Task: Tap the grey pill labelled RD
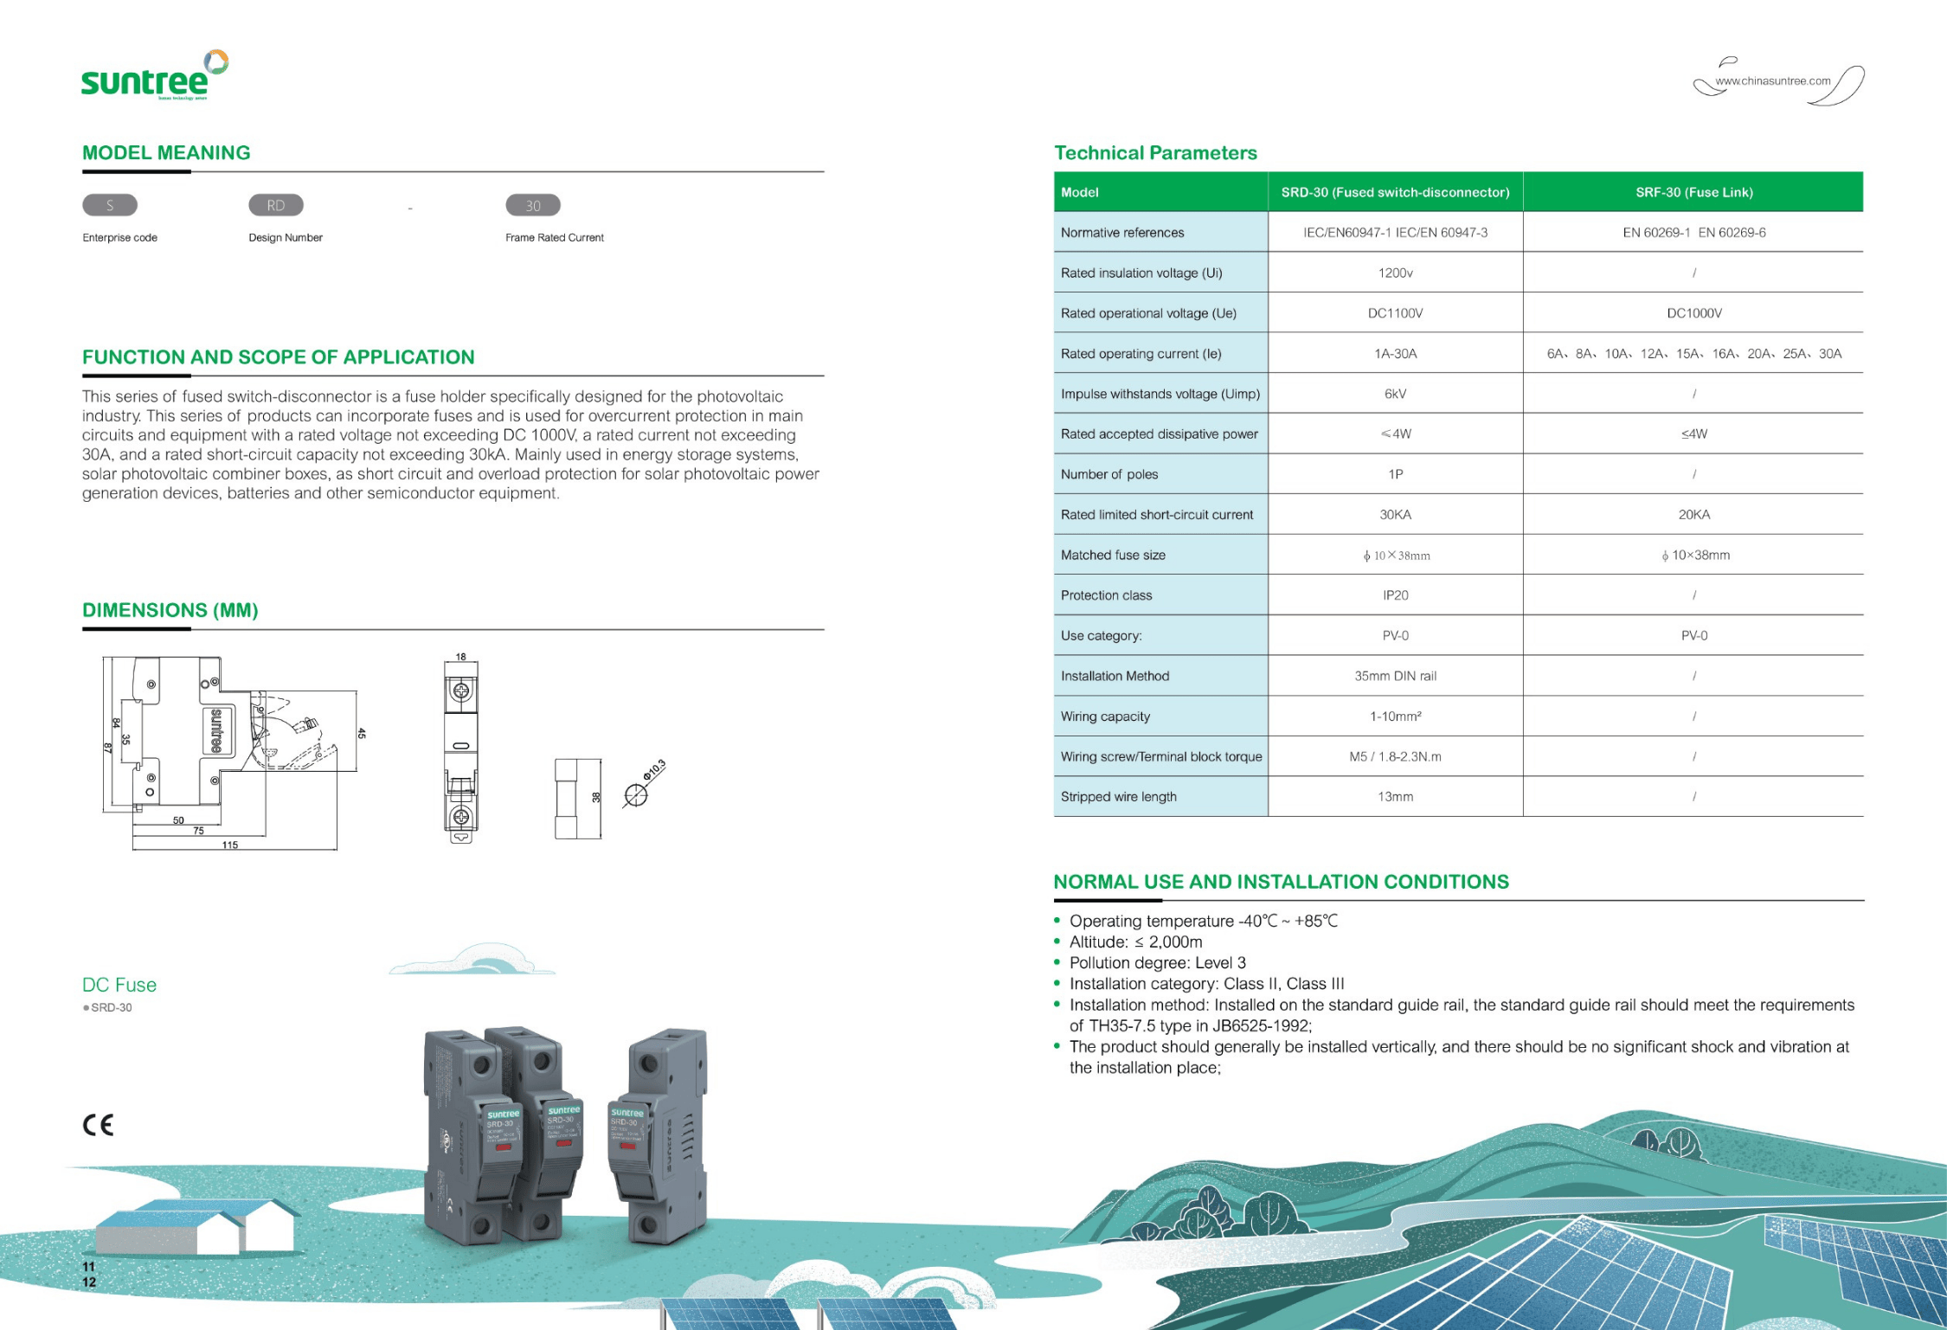tap(275, 205)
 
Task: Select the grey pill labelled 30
tap(532, 205)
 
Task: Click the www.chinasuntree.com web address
tap(1772, 81)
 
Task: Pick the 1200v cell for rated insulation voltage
tap(1395, 273)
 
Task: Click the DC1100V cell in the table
tap(1395, 313)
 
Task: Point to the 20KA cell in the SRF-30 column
tap(1693, 515)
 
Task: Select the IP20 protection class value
tap(1395, 595)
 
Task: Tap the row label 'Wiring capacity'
tap(1105, 716)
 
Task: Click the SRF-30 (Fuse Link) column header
tap(1693, 192)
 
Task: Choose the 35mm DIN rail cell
tap(1395, 676)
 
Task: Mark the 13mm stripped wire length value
tap(1395, 797)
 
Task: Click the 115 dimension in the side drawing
tap(229, 845)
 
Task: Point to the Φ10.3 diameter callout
tap(654, 770)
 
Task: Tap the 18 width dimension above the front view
tap(461, 657)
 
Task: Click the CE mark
tap(98, 1124)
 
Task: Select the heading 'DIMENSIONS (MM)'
tap(170, 610)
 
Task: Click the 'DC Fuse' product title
tap(119, 985)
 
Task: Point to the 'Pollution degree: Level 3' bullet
tap(1157, 963)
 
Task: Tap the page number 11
tap(88, 1266)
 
